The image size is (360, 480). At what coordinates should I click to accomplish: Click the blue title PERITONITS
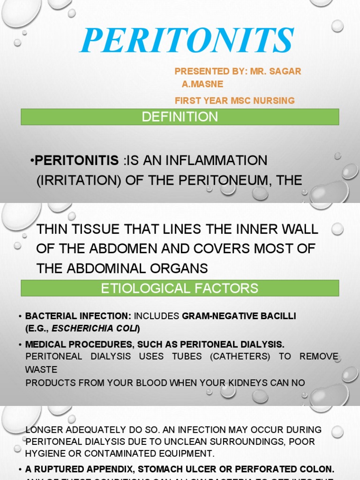pos(187,41)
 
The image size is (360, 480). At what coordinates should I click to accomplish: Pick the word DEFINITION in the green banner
pos(180,117)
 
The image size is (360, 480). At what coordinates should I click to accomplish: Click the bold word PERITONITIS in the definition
pos(77,160)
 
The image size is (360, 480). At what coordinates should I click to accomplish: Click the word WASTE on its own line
pos(41,370)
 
